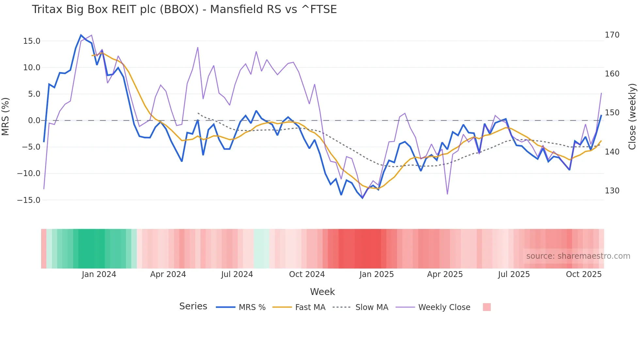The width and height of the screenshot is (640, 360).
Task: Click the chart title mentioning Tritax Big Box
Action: pos(184,9)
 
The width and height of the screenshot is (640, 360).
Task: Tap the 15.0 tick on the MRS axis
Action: pos(31,41)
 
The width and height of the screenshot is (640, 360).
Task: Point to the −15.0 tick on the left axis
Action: pos(29,200)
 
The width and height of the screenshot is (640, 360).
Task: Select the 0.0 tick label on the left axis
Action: pos(34,121)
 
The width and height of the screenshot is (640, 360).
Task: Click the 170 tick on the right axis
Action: pos(612,35)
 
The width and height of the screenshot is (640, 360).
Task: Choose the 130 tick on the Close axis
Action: pos(612,191)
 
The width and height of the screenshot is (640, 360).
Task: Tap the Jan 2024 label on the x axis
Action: pos(99,274)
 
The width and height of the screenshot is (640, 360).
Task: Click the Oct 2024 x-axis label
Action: pos(307,274)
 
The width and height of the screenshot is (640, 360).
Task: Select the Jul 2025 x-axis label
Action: pos(514,274)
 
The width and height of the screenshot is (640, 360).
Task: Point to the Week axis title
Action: pos(322,292)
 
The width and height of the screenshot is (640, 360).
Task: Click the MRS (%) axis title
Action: pos(6,116)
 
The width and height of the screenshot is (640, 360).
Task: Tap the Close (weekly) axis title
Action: pos(632,116)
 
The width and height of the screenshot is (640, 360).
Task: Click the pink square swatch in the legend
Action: pos(487,307)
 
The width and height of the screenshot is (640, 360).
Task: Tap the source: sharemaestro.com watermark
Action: pos(578,256)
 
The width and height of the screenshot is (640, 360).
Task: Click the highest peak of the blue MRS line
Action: pos(81,35)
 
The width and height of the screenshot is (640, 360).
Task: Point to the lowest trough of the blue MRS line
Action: pos(362,198)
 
